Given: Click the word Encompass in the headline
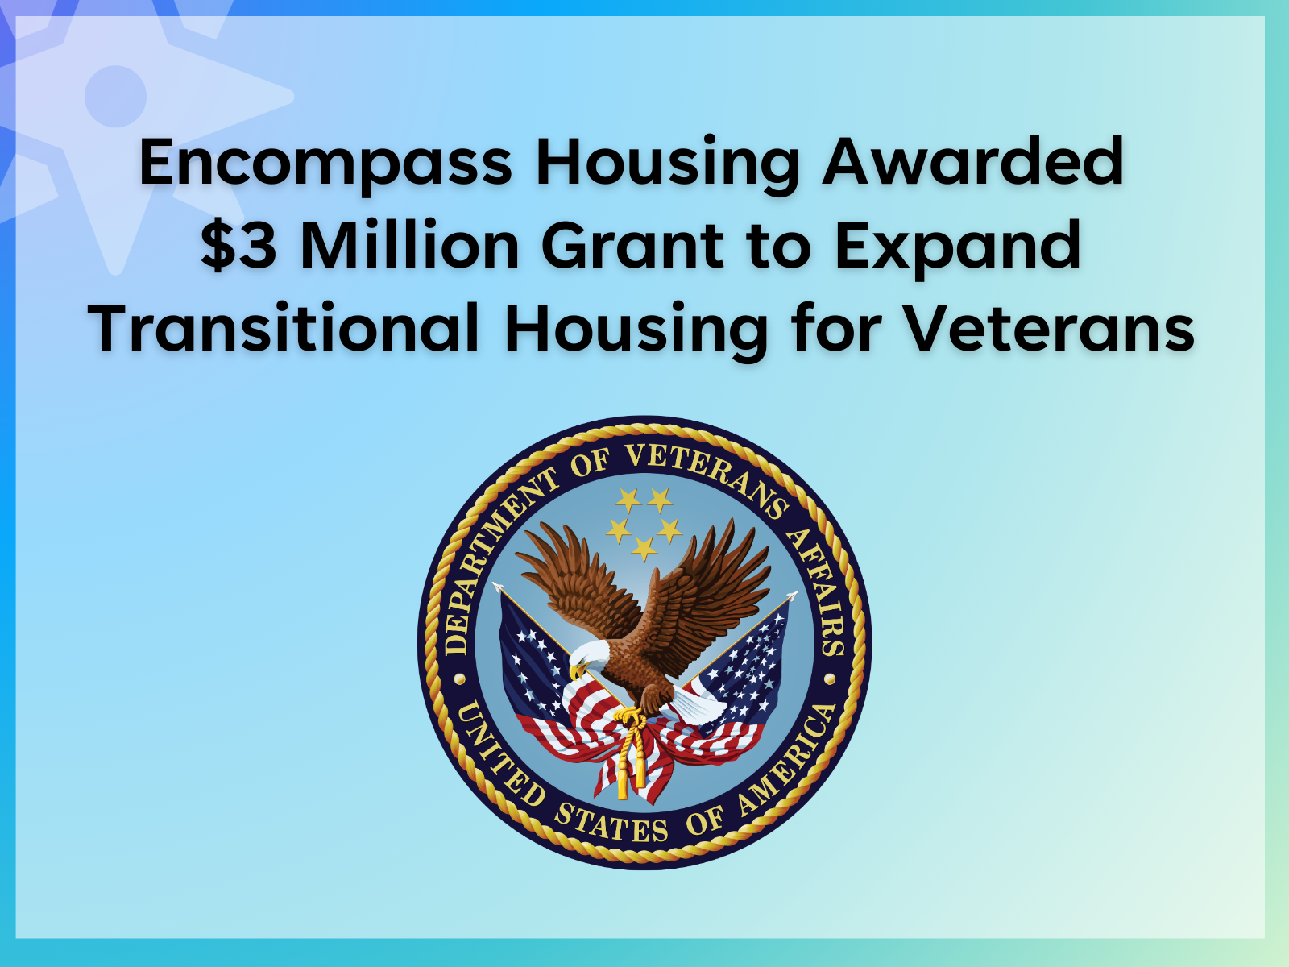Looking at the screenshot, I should pos(325,163).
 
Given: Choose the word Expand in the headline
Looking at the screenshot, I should pos(957,247).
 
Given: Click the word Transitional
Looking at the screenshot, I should pos(284,328).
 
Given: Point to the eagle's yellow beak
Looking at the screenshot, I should pos(575,670).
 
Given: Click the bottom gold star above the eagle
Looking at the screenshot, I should pos(644,549).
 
